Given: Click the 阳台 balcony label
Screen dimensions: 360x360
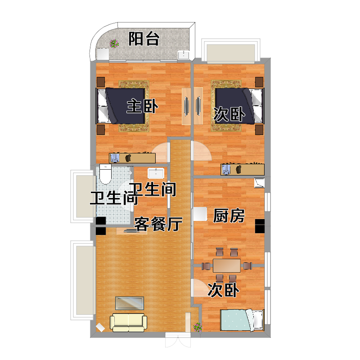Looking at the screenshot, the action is (x=144, y=39).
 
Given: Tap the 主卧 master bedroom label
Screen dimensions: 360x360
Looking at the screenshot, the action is (x=142, y=106).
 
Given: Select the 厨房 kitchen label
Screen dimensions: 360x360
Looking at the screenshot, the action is (x=229, y=216).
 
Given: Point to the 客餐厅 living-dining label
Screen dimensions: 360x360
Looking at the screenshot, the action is (x=158, y=224).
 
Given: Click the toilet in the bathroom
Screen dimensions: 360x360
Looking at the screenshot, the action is (x=105, y=174).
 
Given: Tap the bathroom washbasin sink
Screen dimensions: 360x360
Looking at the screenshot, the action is (x=156, y=173).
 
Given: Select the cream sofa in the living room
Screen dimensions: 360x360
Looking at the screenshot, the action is (x=129, y=322).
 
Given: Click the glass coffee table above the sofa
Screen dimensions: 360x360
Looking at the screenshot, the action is (x=130, y=303).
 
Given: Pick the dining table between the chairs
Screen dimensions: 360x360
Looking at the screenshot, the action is (x=227, y=265).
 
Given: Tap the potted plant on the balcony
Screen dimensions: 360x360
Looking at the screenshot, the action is (x=114, y=43).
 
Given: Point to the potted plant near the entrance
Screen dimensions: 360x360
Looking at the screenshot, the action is (x=198, y=327).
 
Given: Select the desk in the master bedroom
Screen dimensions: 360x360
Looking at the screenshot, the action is (x=132, y=158).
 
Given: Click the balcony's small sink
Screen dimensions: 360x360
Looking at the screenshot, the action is (x=184, y=54).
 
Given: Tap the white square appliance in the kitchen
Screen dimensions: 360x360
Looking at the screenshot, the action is (x=200, y=214).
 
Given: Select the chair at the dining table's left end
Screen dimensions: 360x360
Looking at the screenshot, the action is (x=206, y=266).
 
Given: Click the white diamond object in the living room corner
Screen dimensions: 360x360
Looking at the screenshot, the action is (x=100, y=328).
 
